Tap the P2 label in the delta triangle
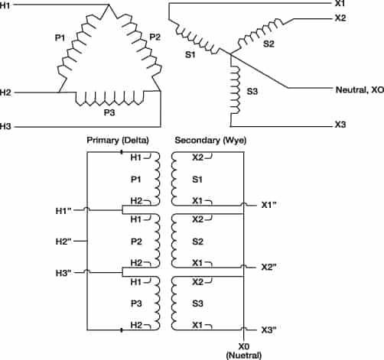(x=155, y=36)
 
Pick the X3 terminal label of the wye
(x=340, y=124)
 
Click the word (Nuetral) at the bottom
(x=245, y=354)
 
